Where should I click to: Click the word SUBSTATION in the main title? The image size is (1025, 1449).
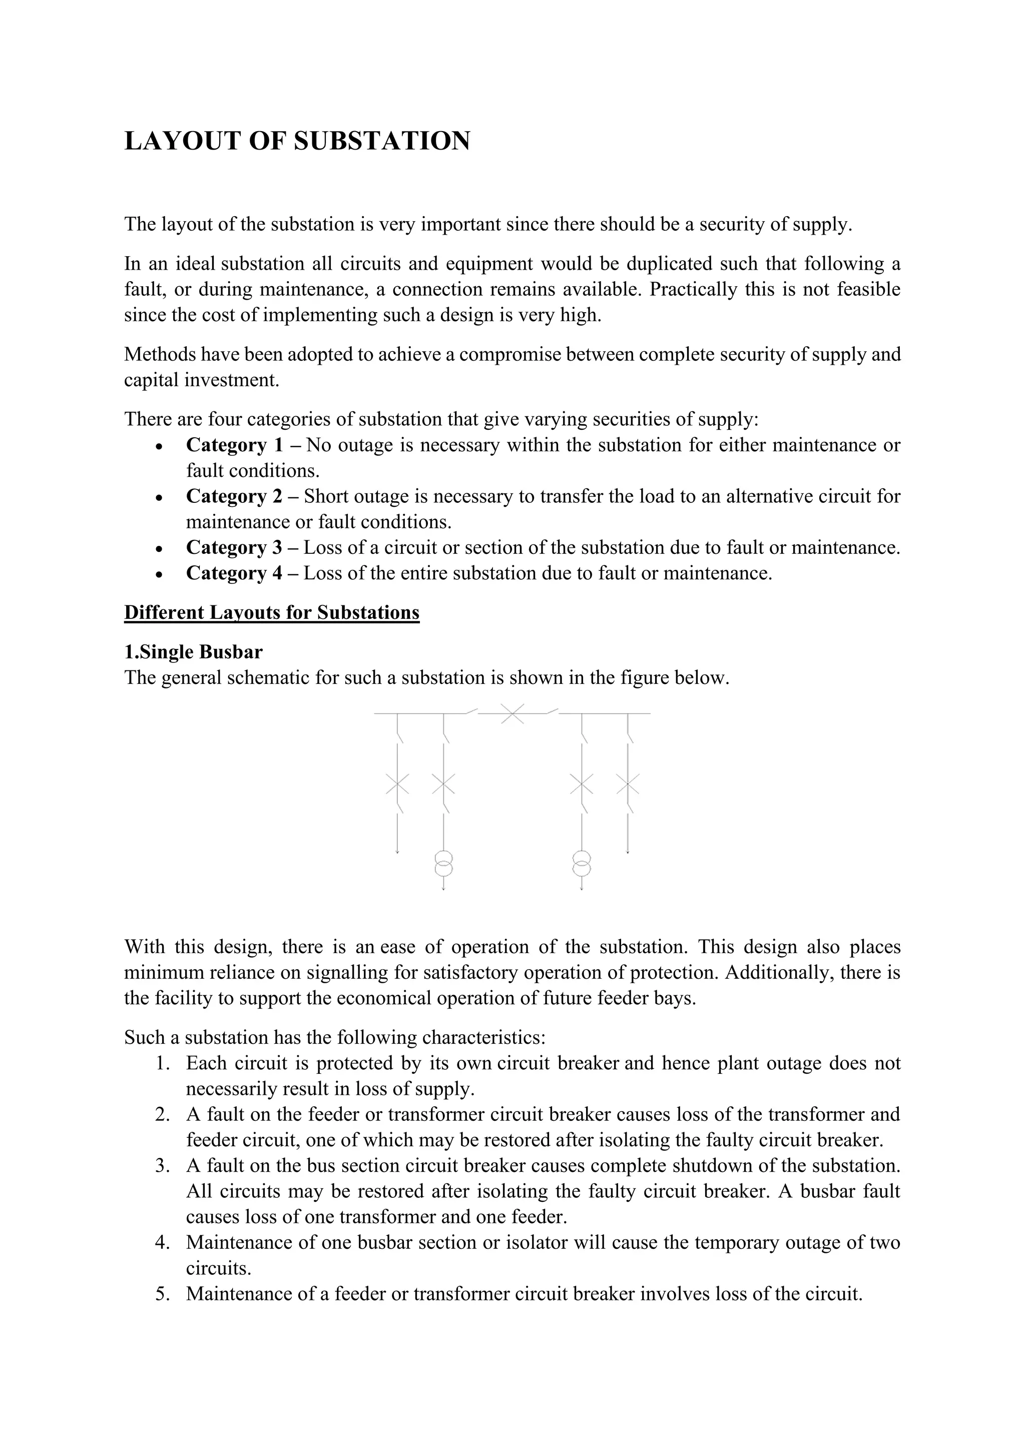tap(382, 141)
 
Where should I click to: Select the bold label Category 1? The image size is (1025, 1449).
tap(234, 445)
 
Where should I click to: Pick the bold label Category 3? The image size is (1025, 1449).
tap(234, 547)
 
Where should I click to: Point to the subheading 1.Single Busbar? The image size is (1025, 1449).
tap(193, 651)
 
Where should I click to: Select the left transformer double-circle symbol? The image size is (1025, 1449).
tap(444, 863)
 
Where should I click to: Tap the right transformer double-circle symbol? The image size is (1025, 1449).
tap(581, 863)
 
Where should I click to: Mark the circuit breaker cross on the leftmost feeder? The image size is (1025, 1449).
tap(397, 785)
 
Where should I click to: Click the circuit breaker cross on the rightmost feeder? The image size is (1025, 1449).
tap(628, 785)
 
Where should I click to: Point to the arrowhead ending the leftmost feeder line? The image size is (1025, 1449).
tap(397, 852)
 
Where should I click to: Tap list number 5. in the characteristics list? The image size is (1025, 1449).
tap(163, 1294)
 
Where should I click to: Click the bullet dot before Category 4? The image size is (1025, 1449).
tap(160, 574)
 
